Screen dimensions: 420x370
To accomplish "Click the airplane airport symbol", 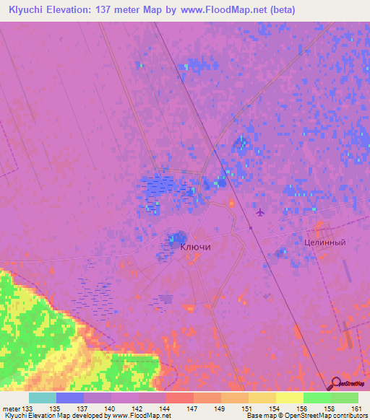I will (x=259, y=212).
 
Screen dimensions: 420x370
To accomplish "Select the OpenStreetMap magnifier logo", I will (x=337, y=383).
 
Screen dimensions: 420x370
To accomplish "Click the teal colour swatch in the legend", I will (x=43, y=398).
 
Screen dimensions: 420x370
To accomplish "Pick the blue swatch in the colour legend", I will (x=70, y=398).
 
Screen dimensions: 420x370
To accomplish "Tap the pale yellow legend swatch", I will (x=290, y=398).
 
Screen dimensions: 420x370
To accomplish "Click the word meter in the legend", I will (x=12, y=408).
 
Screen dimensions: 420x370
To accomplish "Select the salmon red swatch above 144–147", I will (x=180, y=398).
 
